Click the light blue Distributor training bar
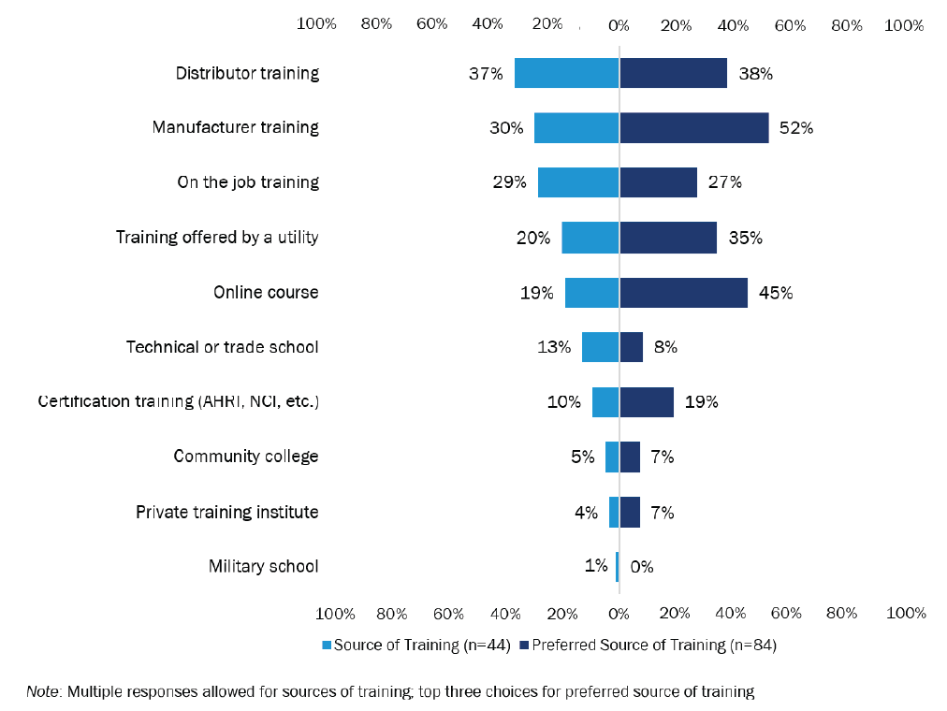[567, 73]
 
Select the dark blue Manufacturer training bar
[693, 127]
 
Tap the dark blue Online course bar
[683, 293]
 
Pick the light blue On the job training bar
[578, 182]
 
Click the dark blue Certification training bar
[647, 402]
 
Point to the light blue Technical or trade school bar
[600, 347]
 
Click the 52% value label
[795, 128]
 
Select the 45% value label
[775, 293]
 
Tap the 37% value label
[487, 73]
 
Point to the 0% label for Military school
[641, 567]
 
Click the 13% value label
[553, 347]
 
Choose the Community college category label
[246, 457]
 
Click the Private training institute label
[227, 512]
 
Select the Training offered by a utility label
[217, 238]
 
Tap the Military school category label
[264, 566]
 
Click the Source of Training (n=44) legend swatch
[327, 645]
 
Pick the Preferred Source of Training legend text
[654, 645]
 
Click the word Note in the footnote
[42, 692]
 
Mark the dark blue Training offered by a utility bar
[668, 238]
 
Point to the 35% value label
[745, 238]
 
